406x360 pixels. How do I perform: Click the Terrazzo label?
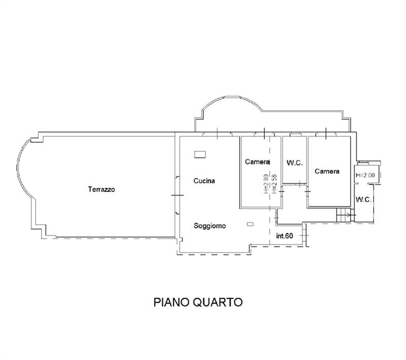tap(101, 189)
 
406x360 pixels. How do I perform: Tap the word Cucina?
tap(204, 180)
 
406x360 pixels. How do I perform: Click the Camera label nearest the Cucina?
tap(257, 162)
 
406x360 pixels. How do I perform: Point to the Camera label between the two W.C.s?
tap(327, 171)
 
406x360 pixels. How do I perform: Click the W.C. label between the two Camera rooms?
tap(294, 163)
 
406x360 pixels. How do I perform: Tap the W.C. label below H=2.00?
tap(364, 200)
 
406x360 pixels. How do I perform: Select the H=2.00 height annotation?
tap(365, 175)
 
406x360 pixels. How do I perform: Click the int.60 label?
tap(285, 236)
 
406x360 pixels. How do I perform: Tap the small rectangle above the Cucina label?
tap(200, 153)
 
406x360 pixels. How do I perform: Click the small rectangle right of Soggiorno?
tap(249, 224)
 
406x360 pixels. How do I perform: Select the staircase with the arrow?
tap(343, 215)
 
